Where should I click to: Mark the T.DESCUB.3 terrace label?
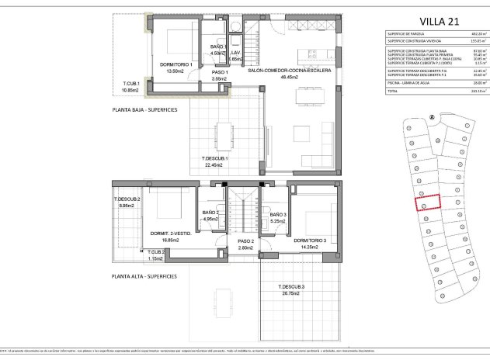coord(293,288)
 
